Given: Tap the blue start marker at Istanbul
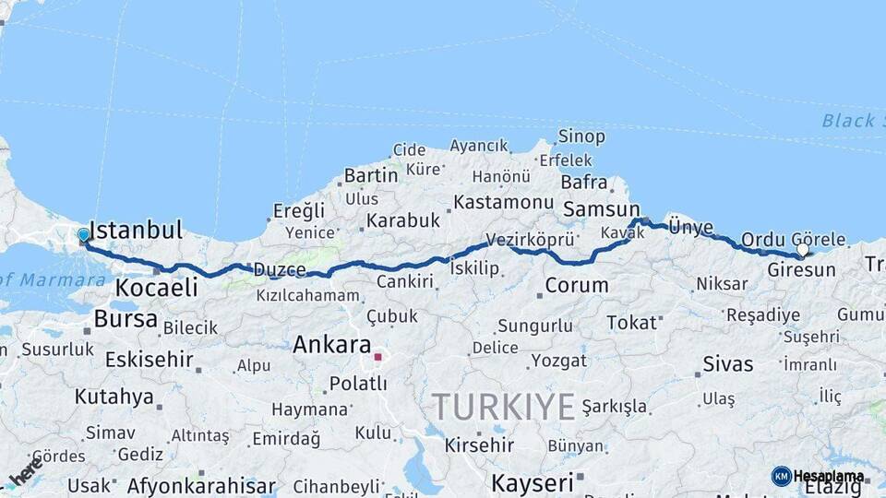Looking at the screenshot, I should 84,235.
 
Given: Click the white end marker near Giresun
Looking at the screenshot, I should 802,250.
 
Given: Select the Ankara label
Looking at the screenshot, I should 331,346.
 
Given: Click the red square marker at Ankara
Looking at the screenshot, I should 377,355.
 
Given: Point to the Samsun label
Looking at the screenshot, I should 601,209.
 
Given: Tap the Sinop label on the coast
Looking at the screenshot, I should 581,137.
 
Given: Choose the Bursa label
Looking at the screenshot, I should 125,319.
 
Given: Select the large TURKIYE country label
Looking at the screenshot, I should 504,406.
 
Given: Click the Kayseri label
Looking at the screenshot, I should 532,482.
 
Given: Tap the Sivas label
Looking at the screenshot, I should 728,363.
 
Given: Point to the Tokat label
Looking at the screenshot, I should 631,322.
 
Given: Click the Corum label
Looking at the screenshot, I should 576,285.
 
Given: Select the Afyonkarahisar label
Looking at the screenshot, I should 201,485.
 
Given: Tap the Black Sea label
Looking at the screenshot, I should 848,121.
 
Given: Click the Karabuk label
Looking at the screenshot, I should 402,221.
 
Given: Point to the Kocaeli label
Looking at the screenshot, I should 156,288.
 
